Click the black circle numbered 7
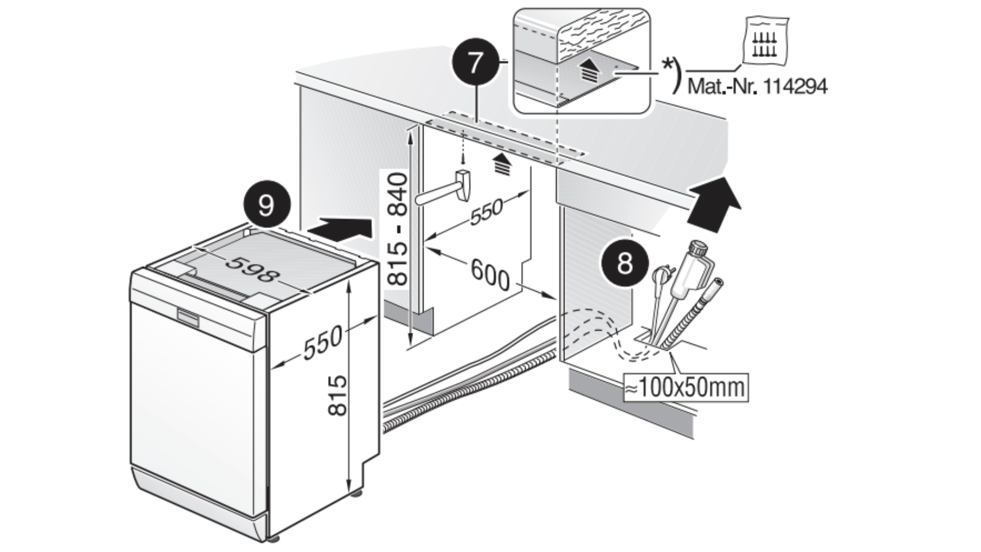tap(475, 63)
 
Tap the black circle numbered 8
tap(624, 264)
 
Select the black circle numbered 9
tap(266, 205)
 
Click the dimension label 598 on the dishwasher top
tap(253, 269)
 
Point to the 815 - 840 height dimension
tap(398, 229)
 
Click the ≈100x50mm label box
tap(685, 388)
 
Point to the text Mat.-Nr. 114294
tap(757, 86)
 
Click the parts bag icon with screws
tap(765, 41)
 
